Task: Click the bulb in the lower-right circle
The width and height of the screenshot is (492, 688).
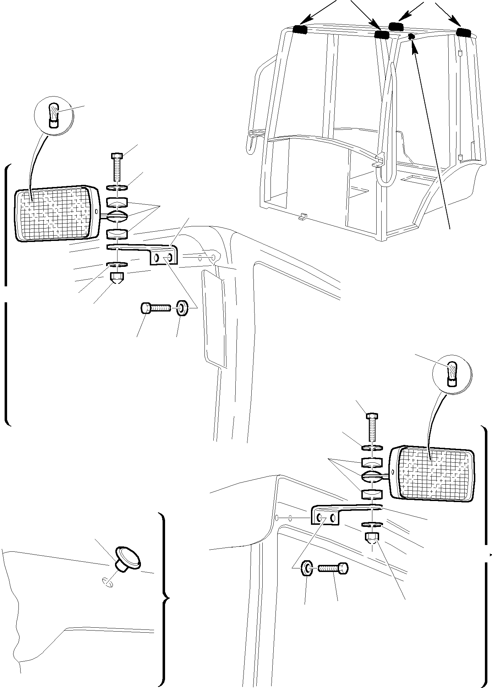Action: [x=452, y=374]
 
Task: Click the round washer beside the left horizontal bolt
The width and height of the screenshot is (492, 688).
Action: [x=182, y=308]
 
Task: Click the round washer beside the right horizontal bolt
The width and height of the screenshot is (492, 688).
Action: [x=306, y=568]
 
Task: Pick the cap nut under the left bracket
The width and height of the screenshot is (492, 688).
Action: [x=117, y=278]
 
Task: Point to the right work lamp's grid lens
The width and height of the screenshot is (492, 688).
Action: [x=435, y=474]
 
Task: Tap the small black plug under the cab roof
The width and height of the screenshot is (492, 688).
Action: [x=411, y=37]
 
